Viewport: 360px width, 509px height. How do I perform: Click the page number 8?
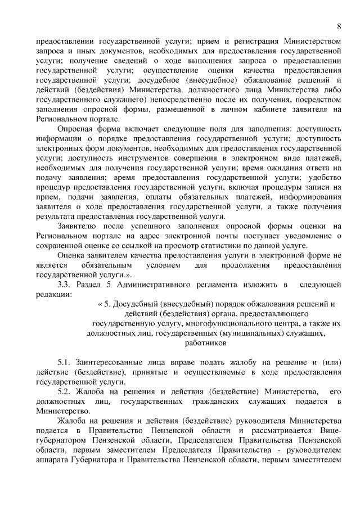(x=339, y=26)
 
